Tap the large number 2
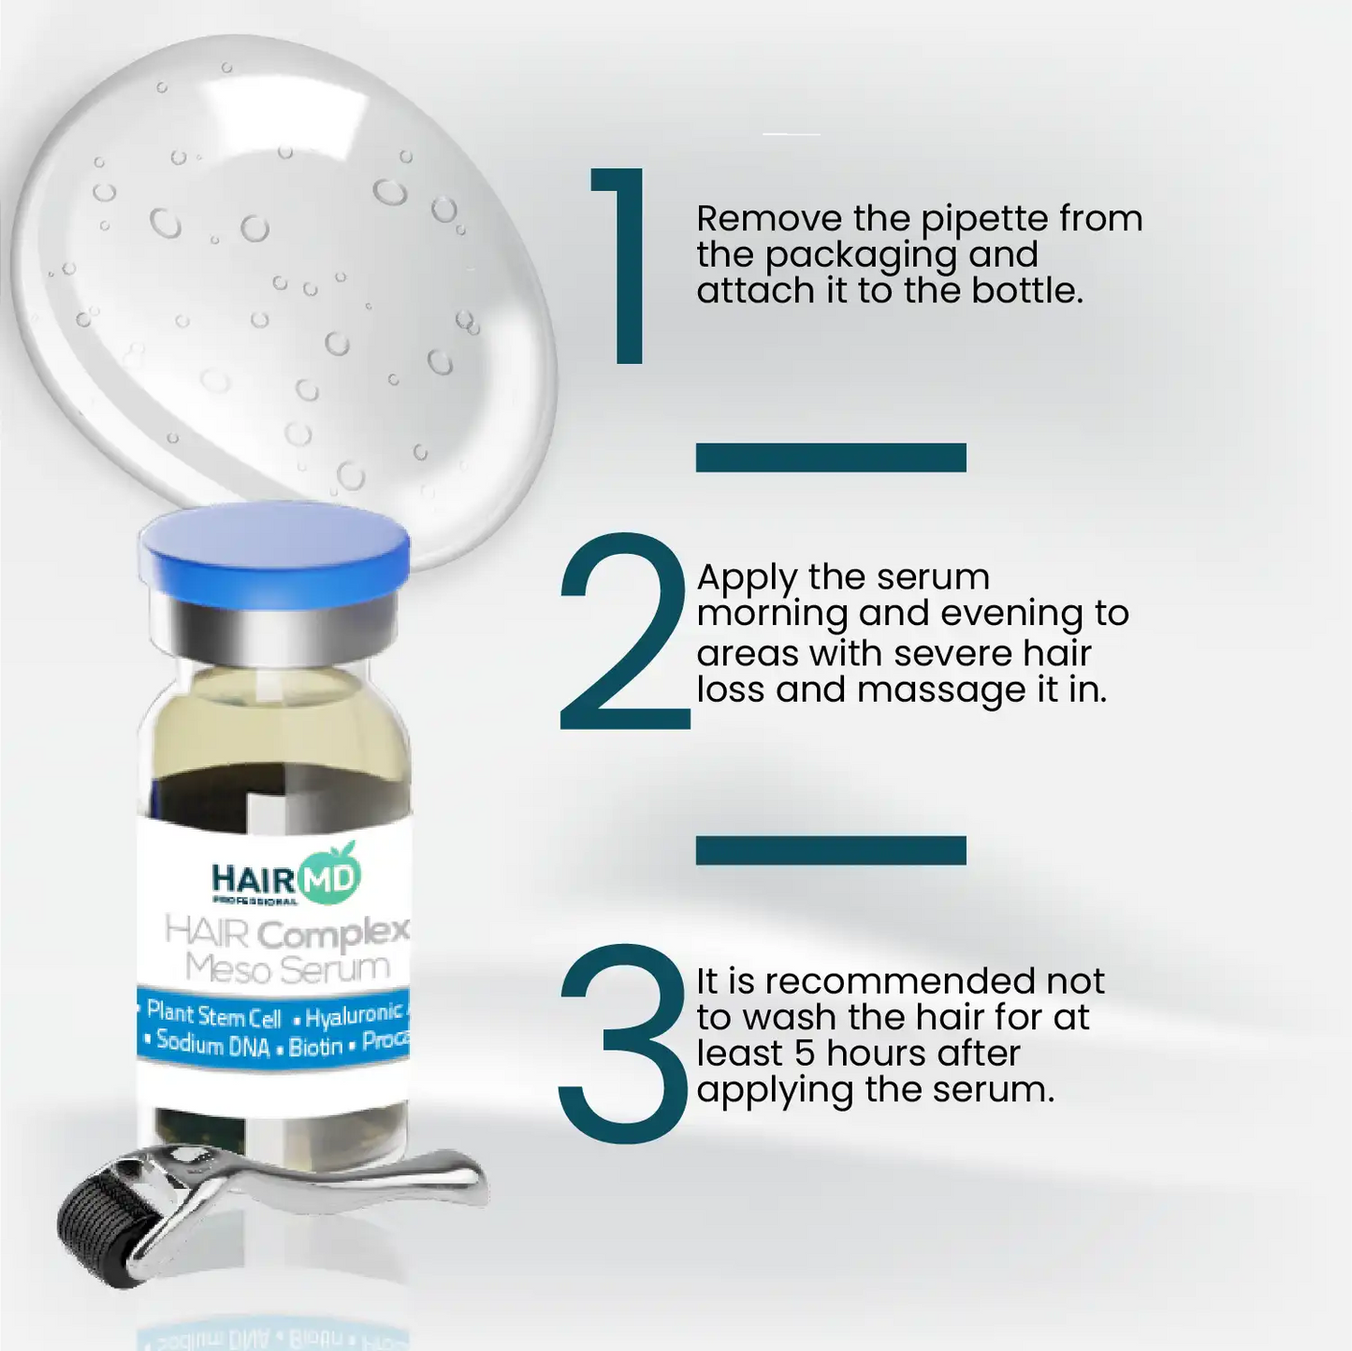coord(622,632)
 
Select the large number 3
coord(622,1042)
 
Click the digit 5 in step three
coord(805,1053)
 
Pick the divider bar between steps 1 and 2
coord(831,458)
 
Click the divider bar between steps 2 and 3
coord(831,850)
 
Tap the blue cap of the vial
coord(274,547)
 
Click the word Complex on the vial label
coord(333,934)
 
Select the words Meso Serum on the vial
coord(287,968)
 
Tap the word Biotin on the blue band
coord(315,1047)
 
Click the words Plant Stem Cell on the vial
coord(213,1015)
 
